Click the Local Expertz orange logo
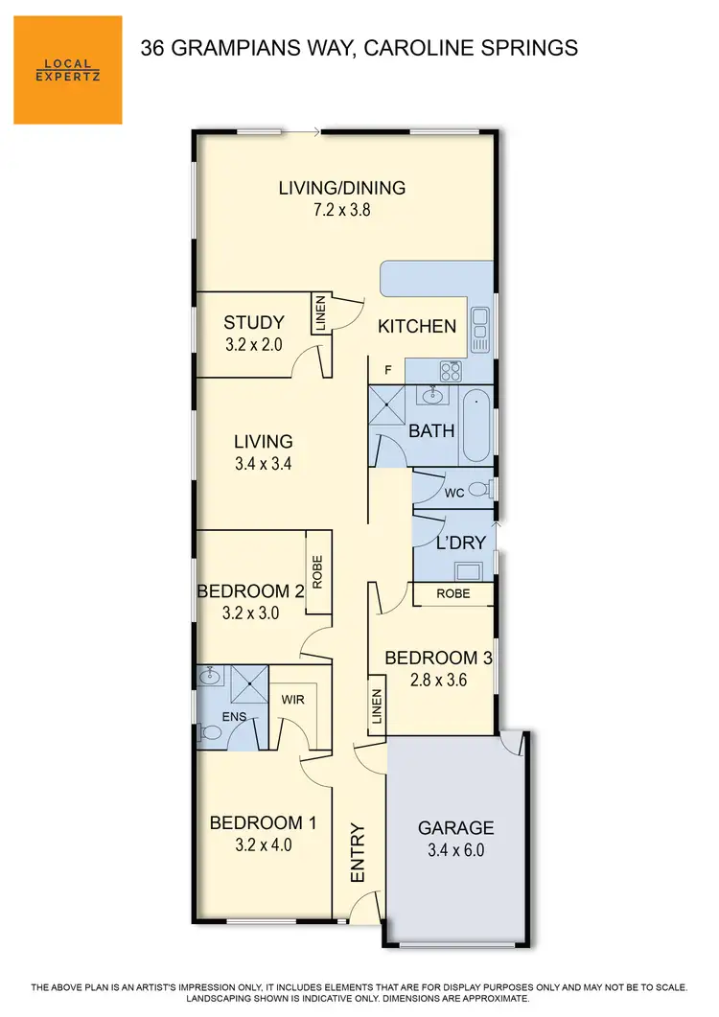pyautogui.click(x=67, y=70)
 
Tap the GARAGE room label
pyautogui.click(x=455, y=828)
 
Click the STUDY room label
pyautogui.click(x=253, y=322)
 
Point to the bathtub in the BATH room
pyautogui.click(x=475, y=425)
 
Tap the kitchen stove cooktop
pyautogui.click(x=450, y=370)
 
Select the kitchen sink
pyautogui.click(x=479, y=332)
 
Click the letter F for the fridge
pyautogui.click(x=388, y=368)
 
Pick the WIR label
pyautogui.click(x=293, y=700)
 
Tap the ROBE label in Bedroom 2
pyautogui.click(x=317, y=572)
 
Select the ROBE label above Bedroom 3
pyautogui.click(x=452, y=594)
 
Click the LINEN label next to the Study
pyautogui.click(x=321, y=313)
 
